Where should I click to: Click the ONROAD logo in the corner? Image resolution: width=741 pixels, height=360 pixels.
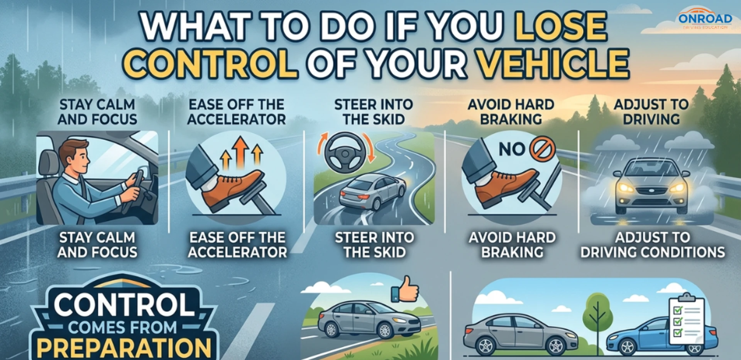pos(705,19)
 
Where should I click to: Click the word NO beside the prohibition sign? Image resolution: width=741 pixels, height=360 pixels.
pos(512,149)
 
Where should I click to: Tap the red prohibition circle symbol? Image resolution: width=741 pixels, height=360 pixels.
pos(543,149)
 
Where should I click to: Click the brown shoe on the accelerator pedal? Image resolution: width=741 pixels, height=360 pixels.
pos(232,189)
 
